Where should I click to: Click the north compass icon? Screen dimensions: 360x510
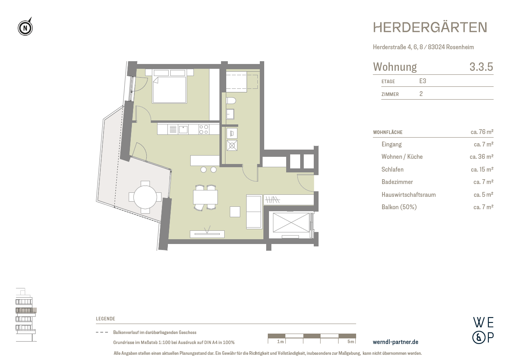point(25,28)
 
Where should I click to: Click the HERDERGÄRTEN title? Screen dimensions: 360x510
point(430,27)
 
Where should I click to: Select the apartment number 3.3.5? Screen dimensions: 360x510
point(481,67)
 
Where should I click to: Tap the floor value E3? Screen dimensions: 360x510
point(422,81)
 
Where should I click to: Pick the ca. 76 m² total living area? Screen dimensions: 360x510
point(482,132)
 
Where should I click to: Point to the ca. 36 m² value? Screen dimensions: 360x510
point(481,157)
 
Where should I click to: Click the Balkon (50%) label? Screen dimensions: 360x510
point(399,207)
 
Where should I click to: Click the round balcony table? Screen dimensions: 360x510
point(145,197)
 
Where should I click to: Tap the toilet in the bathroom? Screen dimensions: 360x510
point(231,100)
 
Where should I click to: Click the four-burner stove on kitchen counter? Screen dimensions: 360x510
point(204,129)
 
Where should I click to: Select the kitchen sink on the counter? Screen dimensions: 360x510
point(183,129)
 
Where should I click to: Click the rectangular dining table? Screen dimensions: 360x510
point(205,197)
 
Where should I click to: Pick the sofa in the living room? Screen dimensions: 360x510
point(254,211)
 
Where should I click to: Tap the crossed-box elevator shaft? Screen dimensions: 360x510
point(291,222)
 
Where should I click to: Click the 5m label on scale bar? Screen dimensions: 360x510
point(351,342)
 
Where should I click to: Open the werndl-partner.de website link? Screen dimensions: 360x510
point(395,342)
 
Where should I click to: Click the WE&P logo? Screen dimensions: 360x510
point(483,330)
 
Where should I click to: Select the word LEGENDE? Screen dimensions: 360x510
point(106,319)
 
